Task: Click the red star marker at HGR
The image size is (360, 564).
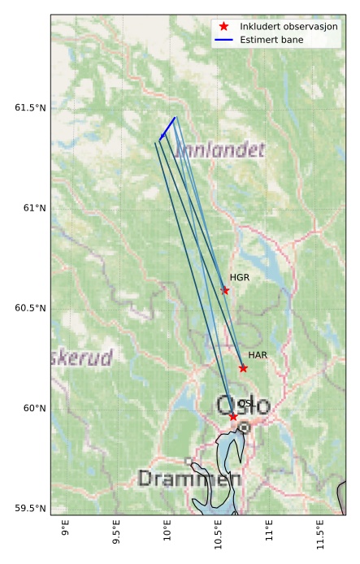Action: click(225, 290)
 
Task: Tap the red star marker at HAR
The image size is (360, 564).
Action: click(243, 368)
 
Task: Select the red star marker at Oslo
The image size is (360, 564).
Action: click(233, 417)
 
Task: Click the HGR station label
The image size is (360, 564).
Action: click(239, 277)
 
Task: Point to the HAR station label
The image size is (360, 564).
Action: click(258, 355)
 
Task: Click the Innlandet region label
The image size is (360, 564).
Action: click(219, 150)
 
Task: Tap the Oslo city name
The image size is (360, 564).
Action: click(243, 404)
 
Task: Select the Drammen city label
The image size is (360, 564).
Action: click(180, 479)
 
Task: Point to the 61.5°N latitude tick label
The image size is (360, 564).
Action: click(30, 107)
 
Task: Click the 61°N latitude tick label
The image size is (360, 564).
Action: click(34, 208)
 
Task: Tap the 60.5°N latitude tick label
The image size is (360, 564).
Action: click(30, 308)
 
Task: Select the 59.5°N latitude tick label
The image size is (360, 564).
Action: click(30, 509)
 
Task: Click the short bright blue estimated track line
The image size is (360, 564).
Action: click(168, 127)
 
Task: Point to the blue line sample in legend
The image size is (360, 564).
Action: click(223, 39)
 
